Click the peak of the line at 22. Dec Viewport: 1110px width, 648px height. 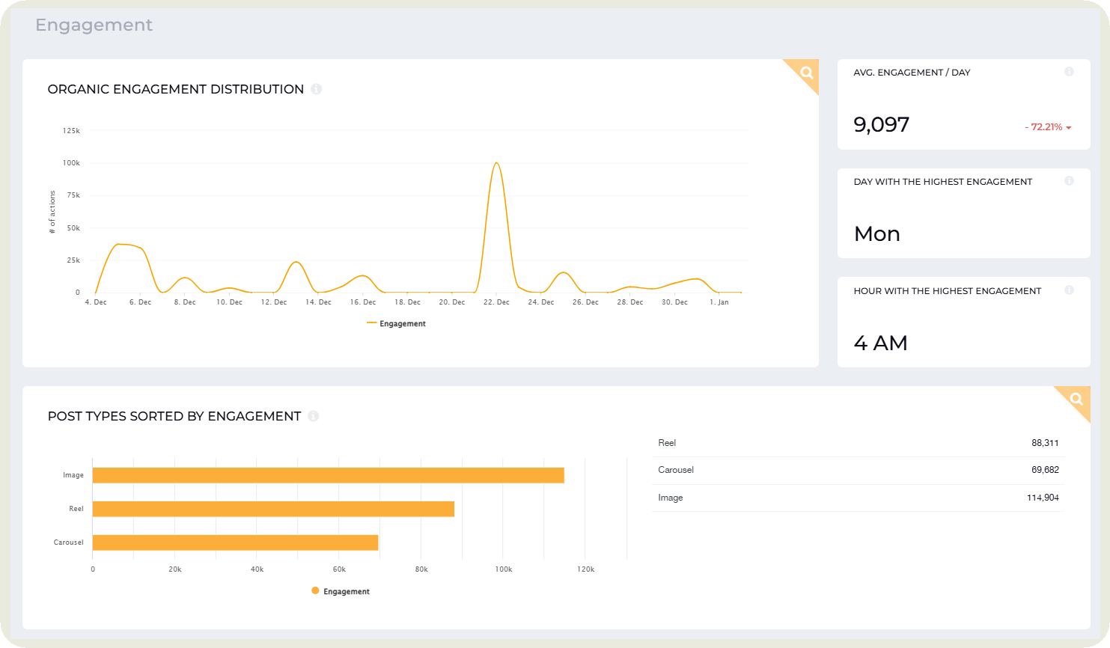point(495,163)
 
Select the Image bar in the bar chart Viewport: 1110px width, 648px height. point(328,475)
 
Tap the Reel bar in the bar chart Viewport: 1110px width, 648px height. point(273,509)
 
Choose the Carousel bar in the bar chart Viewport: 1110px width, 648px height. point(235,542)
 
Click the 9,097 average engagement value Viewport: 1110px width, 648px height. point(881,124)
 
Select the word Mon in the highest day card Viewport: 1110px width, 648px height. point(876,234)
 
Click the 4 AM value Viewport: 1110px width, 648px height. point(880,343)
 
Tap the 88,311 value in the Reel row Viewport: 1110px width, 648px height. point(1045,443)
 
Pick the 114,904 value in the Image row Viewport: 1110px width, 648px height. point(1043,498)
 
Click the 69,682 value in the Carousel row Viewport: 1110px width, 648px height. point(1045,470)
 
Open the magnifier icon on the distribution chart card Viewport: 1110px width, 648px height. point(806,73)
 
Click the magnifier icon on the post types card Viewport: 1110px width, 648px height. point(1076,399)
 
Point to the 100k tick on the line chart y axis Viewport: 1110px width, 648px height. point(71,163)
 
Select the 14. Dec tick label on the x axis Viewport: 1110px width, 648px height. point(318,302)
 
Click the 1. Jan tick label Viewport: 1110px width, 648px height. point(719,302)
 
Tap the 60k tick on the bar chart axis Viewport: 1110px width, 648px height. point(339,569)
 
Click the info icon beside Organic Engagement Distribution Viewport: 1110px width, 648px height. point(316,89)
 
